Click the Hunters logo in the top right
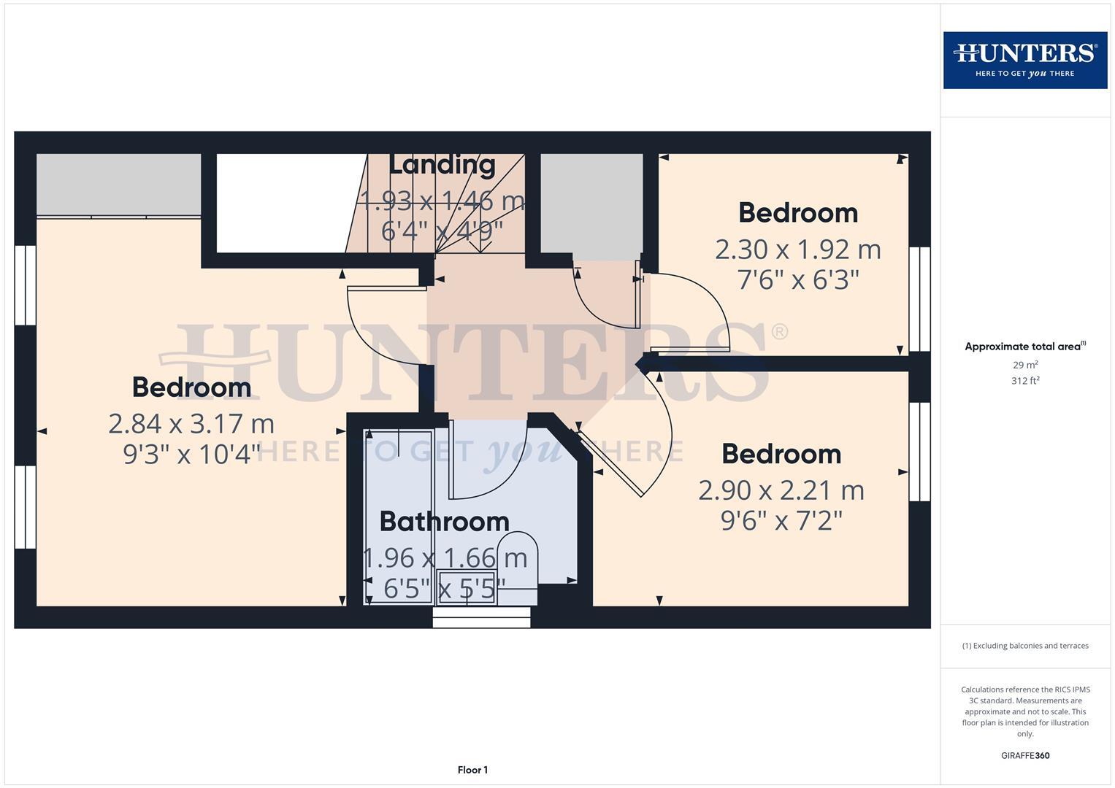[x=1024, y=60]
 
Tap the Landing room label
[x=442, y=165]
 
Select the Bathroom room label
[x=444, y=522]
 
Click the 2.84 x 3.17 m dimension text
[x=191, y=423]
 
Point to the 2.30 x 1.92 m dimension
[x=797, y=250]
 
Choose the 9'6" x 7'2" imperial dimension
[x=781, y=521]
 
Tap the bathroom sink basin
[x=466, y=588]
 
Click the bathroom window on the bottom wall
[x=481, y=618]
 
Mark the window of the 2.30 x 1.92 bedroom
[x=919, y=299]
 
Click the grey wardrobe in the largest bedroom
[x=118, y=184]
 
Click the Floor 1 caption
[x=472, y=770]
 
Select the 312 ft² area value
[x=1025, y=381]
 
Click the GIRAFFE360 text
[x=1025, y=756]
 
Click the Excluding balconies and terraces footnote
[x=1025, y=646]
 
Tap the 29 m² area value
[x=1025, y=365]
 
